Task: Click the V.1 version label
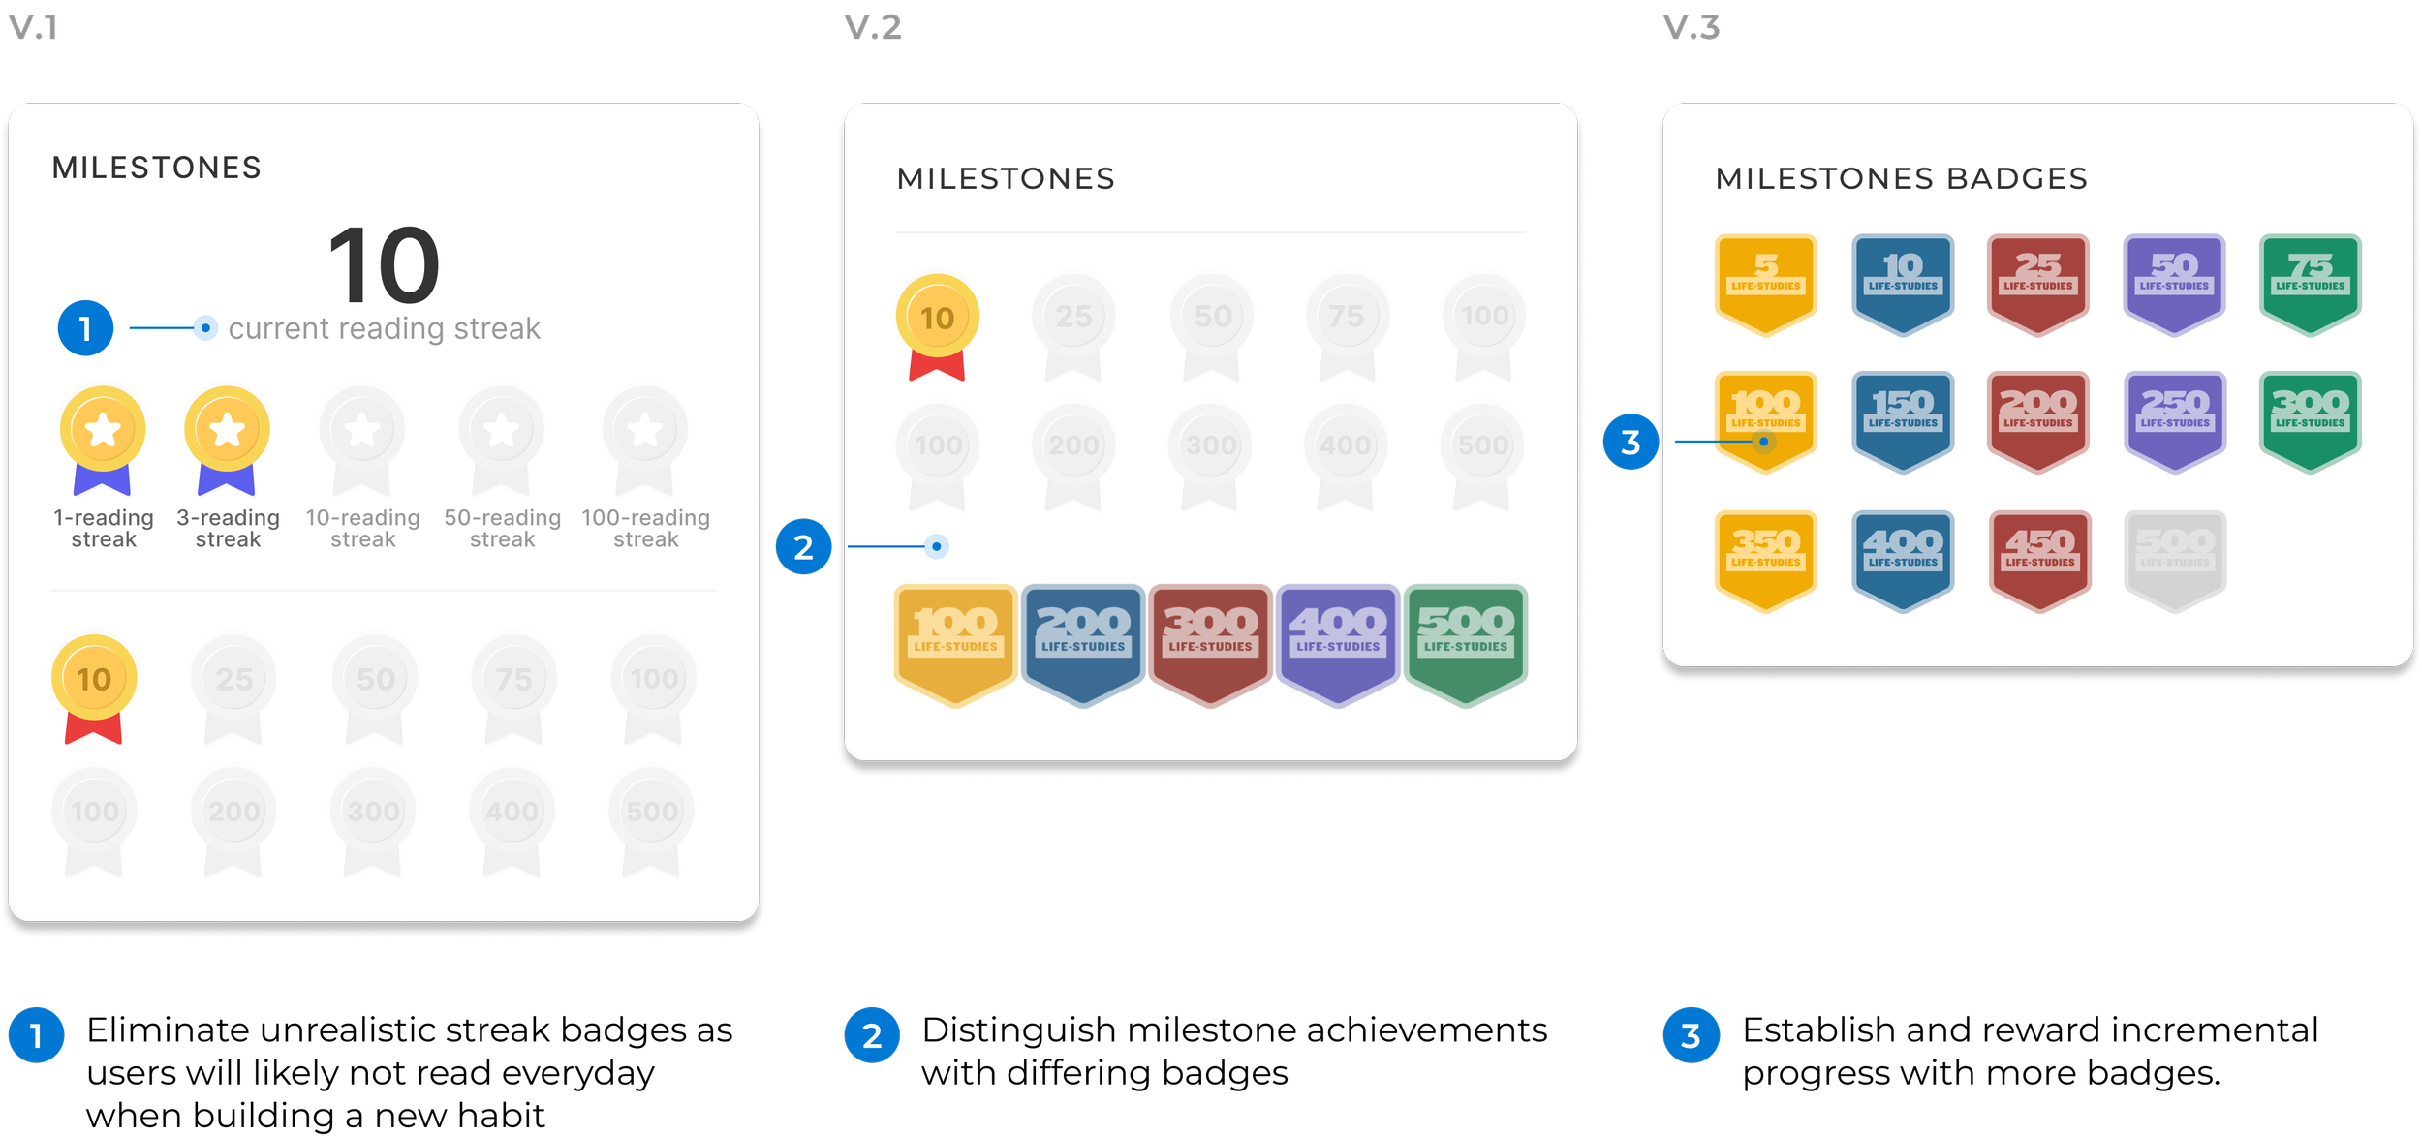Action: point(34,27)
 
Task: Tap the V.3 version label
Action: point(1691,27)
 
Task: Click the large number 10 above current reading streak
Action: point(384,264)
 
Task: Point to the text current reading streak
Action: point(384,329)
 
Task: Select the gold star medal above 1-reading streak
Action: point(103,431)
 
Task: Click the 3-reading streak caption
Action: point(228,529)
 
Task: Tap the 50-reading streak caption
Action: point(502,529)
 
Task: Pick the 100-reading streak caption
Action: point(645,529)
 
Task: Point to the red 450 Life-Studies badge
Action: point(2039,560)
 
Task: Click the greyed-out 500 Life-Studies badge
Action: point(2175,560)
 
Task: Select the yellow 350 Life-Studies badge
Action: point(1765,560)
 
